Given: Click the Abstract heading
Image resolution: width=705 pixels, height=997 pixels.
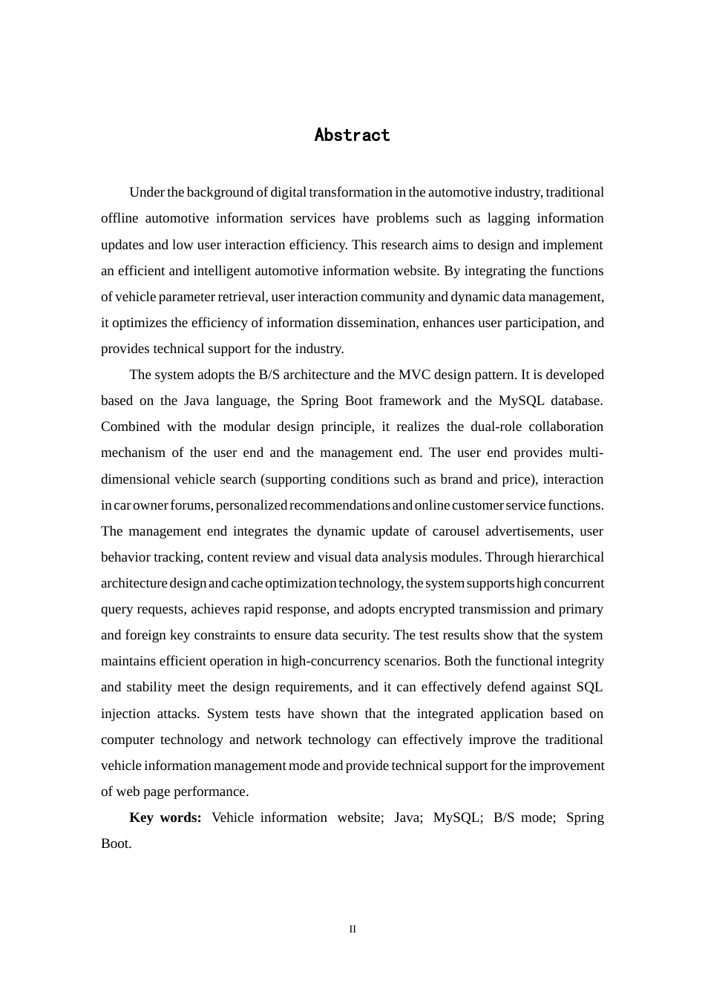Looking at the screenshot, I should tap(352, 135).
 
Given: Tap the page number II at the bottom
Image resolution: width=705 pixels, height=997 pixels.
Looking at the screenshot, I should tap(352, 929).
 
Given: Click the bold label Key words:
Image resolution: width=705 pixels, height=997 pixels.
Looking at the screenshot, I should tap(165, 817).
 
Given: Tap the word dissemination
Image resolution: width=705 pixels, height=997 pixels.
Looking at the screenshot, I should tap(375, 323).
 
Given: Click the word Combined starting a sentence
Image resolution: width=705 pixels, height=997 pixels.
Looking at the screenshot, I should tap(130, 427).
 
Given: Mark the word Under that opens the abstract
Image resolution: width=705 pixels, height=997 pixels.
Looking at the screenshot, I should tap(146, 192).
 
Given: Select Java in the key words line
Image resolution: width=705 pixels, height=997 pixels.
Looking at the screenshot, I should tap(407, 817).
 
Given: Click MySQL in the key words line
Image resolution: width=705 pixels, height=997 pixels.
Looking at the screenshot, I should tap(457, 817).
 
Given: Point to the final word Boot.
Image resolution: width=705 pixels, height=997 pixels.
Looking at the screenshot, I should tap(116, 843).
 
